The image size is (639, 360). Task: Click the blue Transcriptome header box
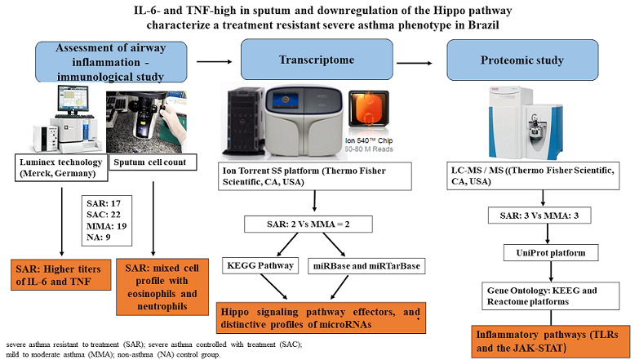pos(317,60)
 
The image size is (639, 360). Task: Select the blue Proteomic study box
pos(522,60)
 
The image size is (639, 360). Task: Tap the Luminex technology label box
pos(61,167)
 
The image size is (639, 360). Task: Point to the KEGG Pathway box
pos(260,265)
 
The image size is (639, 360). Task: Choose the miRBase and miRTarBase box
pos(366,266)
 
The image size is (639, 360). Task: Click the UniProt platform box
pos(551,253)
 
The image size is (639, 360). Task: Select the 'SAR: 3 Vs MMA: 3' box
pos(539,216)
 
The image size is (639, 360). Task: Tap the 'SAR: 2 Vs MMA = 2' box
pos(308,224)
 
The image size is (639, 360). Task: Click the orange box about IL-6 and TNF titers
pos(60,275)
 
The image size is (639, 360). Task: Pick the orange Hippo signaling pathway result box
pos(321,318)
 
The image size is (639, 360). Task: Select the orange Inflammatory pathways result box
pos(551,342)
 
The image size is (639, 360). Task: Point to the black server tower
pos(243,122)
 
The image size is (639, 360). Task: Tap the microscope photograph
pos(146,122)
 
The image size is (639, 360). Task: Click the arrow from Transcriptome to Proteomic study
pos(415,63)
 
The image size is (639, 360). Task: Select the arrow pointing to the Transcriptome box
pos(215,61)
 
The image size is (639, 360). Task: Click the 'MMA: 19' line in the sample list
pos(106,226)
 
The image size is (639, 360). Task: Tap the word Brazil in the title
pos(483,24)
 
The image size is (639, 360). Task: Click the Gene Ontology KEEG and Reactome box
pos(551,296)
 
